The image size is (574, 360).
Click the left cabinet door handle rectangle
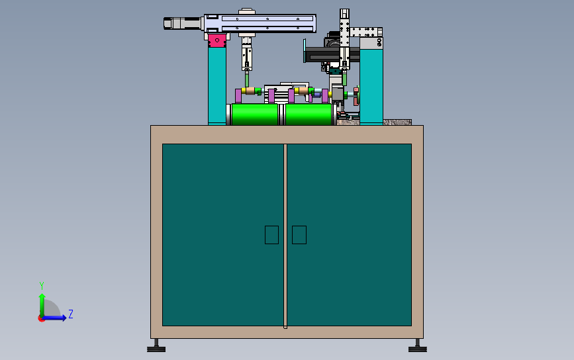[x=271, y=235]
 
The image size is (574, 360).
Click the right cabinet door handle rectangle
[x=299, y=235]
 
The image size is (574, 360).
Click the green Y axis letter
[x=42, y=285]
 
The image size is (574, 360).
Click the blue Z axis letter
[x=71, y=314]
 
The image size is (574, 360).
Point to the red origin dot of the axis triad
[x=41, y=319]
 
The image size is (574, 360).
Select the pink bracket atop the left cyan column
[x=217, y=40]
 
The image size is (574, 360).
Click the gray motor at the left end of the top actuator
[x=182, y=23]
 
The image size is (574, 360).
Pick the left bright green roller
[x=255, y=114]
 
